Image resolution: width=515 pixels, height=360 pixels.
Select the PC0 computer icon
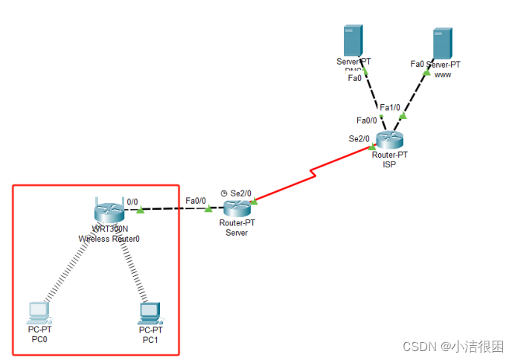[37, 310]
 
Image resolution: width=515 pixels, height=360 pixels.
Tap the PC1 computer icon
[150, 311]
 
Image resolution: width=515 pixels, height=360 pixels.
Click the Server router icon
[237, 209]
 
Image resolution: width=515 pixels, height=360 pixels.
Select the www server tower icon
[443, 44]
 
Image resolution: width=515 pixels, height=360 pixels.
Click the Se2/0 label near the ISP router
[359, 138]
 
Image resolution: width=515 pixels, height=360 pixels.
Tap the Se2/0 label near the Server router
[241, 193]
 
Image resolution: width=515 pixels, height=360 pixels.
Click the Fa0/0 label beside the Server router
[196, 200]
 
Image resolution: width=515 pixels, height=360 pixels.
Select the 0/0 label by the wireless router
[132, 201]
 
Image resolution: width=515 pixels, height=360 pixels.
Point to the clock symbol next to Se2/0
[223, 193]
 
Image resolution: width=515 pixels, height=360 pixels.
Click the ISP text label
[389, 164]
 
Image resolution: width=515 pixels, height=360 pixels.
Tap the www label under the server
[443, 74]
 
